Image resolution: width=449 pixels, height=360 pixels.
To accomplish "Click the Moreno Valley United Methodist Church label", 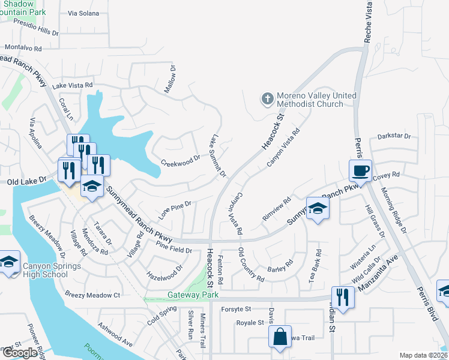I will click(316, 100).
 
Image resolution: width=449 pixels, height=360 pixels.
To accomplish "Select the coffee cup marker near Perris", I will click(360, 171).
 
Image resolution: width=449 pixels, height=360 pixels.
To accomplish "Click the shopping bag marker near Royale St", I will click(280, 337).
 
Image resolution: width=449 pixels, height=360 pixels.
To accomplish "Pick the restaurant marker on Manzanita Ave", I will click(343, 298).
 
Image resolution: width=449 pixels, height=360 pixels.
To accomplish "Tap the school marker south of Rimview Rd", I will click(318, 209).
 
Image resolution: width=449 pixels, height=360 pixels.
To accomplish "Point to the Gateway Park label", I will click(191, 295).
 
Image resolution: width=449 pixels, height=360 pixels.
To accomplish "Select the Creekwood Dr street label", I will click(181, 161).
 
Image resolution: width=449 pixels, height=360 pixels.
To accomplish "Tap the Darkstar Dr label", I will click(394, 137).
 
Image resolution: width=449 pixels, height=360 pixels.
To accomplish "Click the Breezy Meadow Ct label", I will click(93, 295).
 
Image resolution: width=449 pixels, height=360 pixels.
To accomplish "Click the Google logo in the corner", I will click(19, 353).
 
